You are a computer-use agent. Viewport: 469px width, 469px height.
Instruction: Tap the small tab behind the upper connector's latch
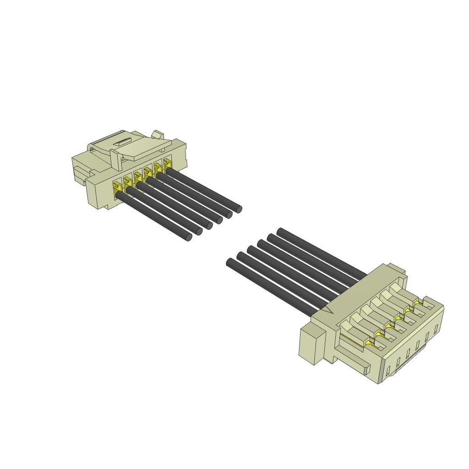coord(158,134)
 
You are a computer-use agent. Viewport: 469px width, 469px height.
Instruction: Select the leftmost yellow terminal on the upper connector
coord(117,187)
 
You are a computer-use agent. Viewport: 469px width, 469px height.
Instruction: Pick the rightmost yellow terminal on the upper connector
coord(167,164)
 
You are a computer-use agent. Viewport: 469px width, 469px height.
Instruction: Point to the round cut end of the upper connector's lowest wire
coord(189,237)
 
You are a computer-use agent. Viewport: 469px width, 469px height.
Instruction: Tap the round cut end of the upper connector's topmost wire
coord(238,209)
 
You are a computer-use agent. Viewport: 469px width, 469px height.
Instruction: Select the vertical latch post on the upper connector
coord(116,158)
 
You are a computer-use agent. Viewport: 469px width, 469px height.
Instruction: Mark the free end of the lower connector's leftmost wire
coord(230,262)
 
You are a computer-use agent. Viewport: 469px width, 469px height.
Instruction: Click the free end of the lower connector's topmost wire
coord(281,231)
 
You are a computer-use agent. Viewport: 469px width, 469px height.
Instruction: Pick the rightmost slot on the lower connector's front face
coord(436,328)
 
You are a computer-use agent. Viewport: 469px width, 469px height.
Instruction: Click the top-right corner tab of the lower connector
coord(396,270)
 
